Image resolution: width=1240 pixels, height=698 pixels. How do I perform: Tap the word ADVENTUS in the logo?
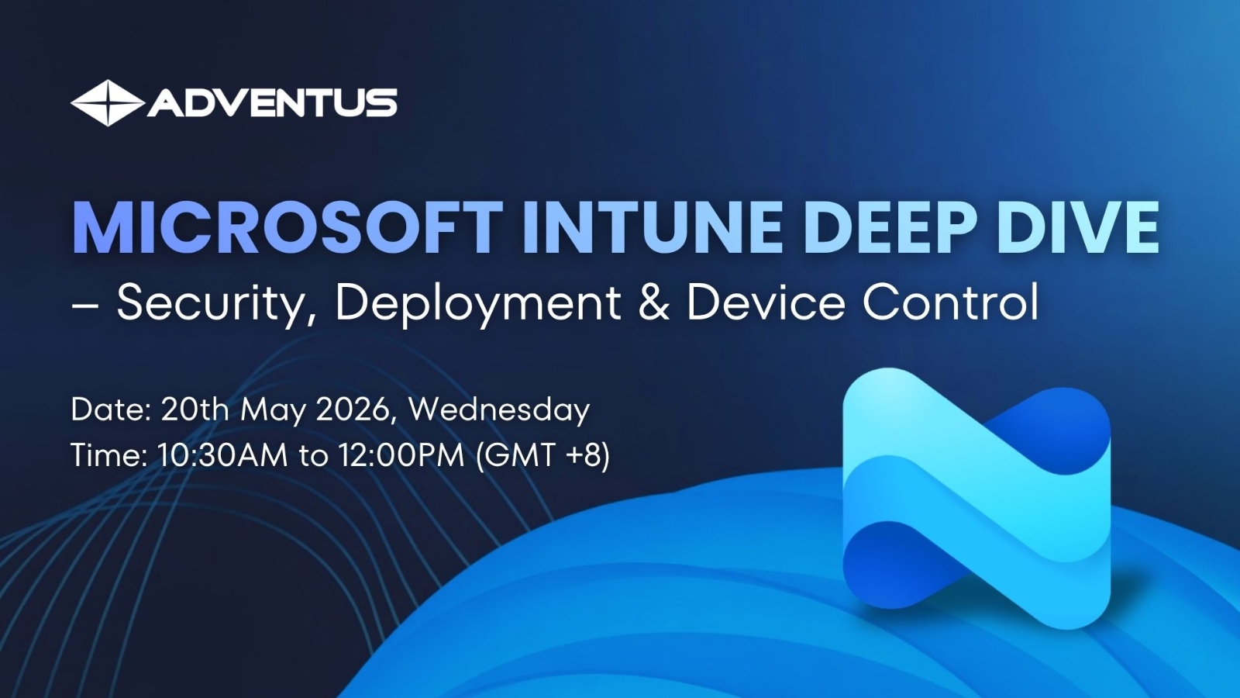coord(272,102)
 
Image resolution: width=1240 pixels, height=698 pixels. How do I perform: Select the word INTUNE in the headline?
coord(658,228)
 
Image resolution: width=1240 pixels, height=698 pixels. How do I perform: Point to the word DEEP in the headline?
coord(897,228)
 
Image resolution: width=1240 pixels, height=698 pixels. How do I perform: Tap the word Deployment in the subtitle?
coord(477,305)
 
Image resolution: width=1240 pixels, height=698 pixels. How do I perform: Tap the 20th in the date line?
coord(195,410)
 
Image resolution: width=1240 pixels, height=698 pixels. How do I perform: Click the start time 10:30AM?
coord(223,456)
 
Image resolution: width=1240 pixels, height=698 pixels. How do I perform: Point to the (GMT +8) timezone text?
coord(543,456)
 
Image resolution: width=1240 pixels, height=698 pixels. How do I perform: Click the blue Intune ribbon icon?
coord(976,499)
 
